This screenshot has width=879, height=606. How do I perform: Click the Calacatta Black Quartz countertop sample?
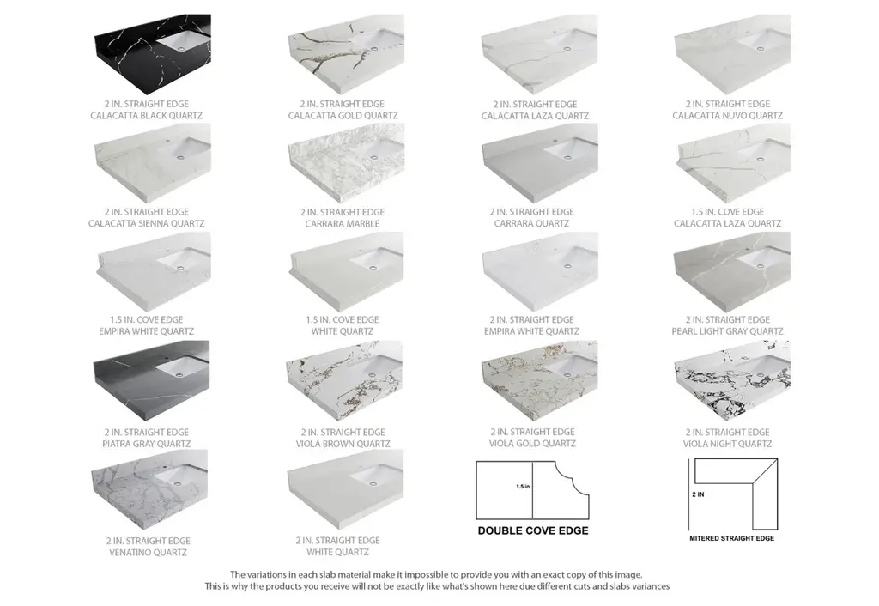[153, 54]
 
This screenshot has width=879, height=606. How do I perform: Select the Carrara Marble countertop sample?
[346, 162]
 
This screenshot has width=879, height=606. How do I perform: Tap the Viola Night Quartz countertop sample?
[732, 380]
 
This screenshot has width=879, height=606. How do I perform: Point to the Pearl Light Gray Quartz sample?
[732, 272]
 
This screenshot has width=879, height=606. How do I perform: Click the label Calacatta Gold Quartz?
[343, 116]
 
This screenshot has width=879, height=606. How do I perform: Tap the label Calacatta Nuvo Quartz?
[728, 116]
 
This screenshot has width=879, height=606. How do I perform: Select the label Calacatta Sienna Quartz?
[146, 223]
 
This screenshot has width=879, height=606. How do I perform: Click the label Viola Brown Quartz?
[343, 444]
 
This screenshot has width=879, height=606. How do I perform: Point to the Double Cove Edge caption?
[533, 530]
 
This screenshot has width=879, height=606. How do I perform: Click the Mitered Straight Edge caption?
[732, 538]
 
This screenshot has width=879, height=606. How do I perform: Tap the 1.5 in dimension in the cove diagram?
[523, 487]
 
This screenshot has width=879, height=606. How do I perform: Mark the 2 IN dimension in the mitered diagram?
[698, 494]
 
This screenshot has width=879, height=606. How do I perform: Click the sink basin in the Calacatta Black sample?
[183, 40]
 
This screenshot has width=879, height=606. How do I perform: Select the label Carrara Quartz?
[531, 223]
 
